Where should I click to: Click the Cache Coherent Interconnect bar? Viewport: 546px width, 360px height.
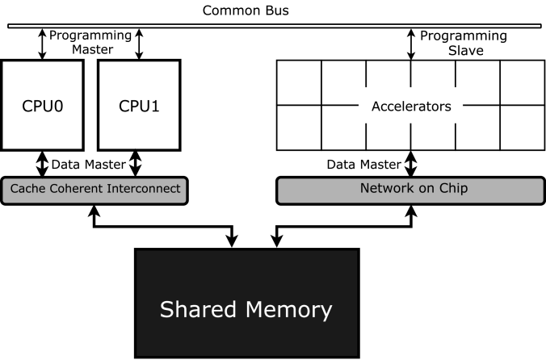coord(94,190)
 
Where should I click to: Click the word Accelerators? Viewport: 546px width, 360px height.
coord(410,106)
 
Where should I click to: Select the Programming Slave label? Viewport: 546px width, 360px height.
coord(464,44)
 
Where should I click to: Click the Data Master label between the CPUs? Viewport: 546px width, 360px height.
coord(87,165)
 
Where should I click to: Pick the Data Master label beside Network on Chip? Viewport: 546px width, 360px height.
coord(363,165)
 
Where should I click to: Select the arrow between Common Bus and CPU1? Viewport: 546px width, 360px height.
coord(139,44)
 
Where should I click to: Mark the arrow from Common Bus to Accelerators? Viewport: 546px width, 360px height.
coord(411,44)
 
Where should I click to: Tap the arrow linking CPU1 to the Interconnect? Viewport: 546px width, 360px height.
coord(136,164)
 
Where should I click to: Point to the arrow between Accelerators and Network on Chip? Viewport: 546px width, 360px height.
coord(411,164)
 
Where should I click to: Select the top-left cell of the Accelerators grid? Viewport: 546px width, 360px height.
coord(300,82)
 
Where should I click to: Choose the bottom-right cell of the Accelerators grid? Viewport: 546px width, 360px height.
coord(522,128)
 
